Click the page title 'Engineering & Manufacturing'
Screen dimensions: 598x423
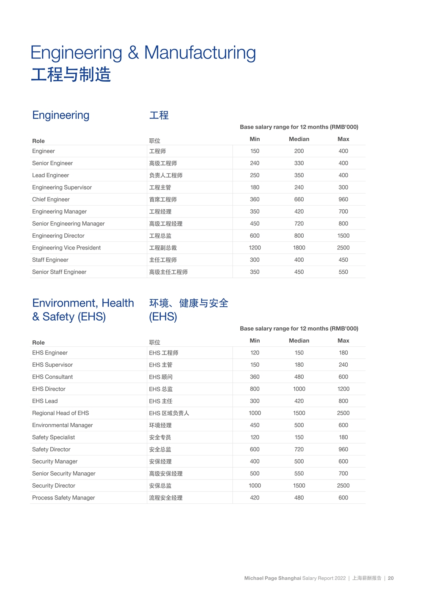(x=143, y=53)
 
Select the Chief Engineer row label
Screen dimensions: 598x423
(x=51, y=200)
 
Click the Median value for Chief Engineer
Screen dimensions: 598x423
(x=299, y=200)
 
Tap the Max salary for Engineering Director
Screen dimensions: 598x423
(x=343, y=236)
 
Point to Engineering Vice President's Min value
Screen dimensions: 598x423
(x=255, y=248)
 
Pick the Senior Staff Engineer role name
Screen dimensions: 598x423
(x=59, y=272)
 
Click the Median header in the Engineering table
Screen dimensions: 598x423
(x=299, y=139)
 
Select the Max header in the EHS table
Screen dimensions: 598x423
(x=343, y=341)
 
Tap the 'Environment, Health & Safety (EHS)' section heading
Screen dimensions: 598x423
(x=83, y=310)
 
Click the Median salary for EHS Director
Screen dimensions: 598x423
(x=299, y=389)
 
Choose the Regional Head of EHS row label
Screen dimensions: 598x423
(x=60, y=413)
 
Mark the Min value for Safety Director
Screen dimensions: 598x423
(x=255, y=450)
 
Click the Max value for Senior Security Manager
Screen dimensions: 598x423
(x=343, y=474)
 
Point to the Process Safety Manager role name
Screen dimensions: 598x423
(x=63, y=498)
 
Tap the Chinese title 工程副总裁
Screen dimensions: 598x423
(x=163, y=248)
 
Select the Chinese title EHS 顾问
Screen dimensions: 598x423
(x=161, y=377)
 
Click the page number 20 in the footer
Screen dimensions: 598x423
(x=391, y=578)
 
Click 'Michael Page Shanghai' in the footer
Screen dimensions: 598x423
(x=272, y=578)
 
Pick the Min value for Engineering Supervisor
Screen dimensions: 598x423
(x=255, y=187)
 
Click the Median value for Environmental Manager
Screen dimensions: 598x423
(x=299, y=425)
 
